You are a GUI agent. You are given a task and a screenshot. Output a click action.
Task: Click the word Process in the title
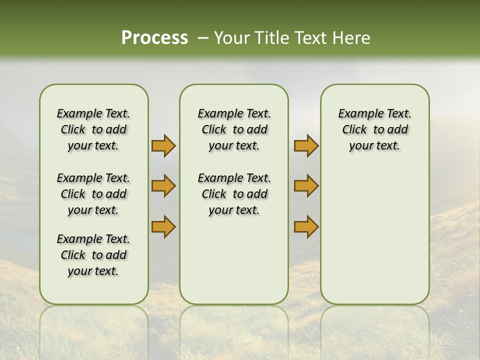tap(154, 38)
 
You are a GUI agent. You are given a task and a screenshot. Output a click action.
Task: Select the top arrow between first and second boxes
tap(163, 146)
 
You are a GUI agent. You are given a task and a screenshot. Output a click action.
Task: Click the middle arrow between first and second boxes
tap(163, 186)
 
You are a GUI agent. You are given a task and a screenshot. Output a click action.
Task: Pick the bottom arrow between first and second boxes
tap(163, 226)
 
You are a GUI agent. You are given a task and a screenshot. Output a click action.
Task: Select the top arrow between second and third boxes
tap(306, 146)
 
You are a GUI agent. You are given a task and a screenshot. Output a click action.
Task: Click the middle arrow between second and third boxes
tap(306, 186)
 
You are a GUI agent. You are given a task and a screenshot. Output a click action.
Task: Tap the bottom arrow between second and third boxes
tap(306, 226)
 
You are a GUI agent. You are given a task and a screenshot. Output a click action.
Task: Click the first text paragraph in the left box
tap(93, 129)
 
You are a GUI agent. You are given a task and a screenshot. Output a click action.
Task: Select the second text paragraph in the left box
tap(93, 194)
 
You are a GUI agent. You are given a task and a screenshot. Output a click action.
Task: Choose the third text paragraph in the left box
tap(93, 255)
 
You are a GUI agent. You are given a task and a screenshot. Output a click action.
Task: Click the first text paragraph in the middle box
tap(234, 129)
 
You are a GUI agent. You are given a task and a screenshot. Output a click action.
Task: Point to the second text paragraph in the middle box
tap(234, 194)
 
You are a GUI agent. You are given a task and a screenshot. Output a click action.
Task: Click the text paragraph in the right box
tap(375, 129)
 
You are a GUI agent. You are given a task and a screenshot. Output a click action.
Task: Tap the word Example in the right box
tap(356, 114)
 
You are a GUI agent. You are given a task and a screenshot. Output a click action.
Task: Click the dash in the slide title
tap(202, 38)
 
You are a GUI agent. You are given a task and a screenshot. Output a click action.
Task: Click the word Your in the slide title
tap(229, 38)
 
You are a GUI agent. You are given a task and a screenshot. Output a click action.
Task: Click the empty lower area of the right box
tap(375, 235)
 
